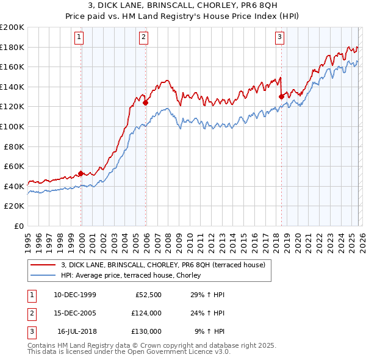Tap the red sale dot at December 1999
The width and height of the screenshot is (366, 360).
click(81, 173)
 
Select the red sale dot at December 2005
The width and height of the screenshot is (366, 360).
click(146, 103)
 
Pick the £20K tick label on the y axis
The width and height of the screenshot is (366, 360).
click(14, 206)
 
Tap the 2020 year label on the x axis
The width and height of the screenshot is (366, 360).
click(297, 239)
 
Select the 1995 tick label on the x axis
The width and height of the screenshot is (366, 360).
click(28, 239)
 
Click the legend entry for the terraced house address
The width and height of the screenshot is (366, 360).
click(163, 265)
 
